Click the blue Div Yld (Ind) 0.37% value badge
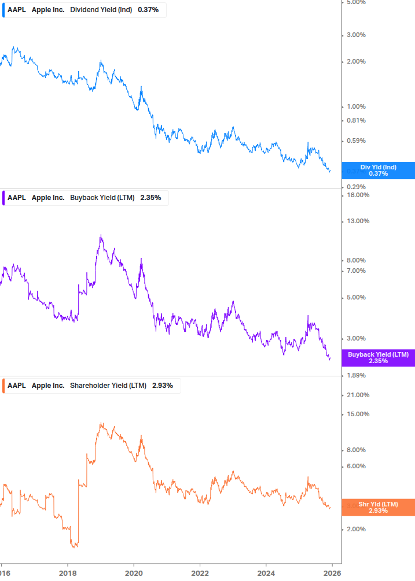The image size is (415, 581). coord(378,171)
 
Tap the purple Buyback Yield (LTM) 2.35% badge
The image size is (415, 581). coord(378,358)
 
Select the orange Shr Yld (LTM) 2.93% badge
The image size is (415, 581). coord(378,508)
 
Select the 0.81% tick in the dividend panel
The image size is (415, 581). coord(356,120)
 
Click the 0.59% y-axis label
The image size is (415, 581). coord(356,140)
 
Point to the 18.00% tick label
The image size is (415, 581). coord(357,195)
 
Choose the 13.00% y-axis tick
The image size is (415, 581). coord(357,221)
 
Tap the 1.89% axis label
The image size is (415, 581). coord(356,375)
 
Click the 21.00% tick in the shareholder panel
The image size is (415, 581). coord(357,395)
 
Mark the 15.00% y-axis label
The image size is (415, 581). coord(357,414)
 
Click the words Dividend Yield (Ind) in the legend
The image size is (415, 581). coord(101,10)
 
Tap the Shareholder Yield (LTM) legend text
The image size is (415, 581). coord(108,386)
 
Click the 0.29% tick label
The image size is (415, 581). coord(356,187)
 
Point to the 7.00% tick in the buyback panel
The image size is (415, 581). coord(356,271)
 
